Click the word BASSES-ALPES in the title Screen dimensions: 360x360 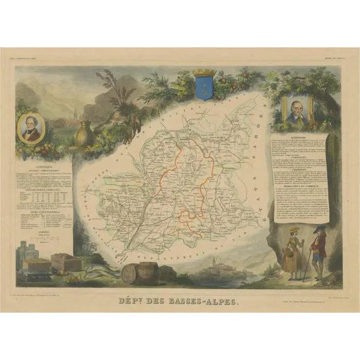coord(201,301)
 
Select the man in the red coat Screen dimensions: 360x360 coord(318,253)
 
